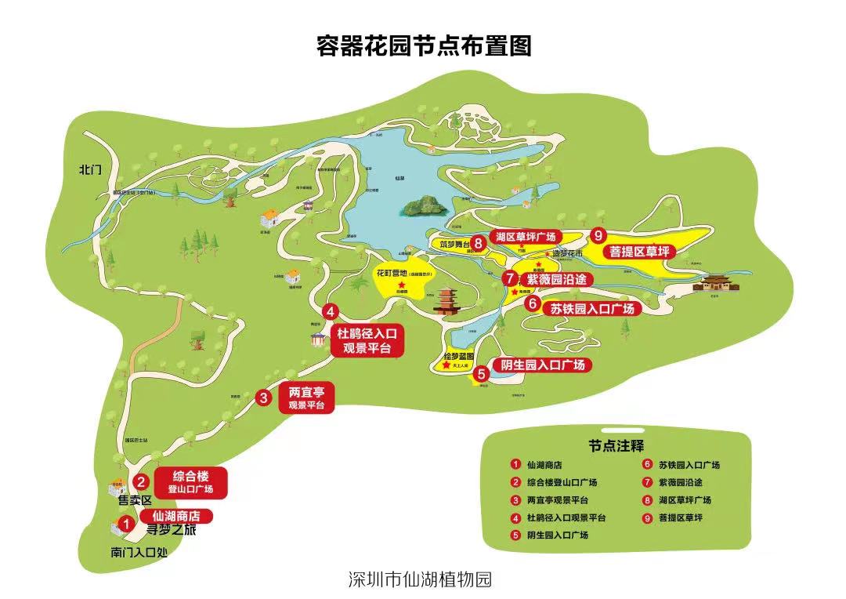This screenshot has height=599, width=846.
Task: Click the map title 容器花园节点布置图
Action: [x=423, y=46]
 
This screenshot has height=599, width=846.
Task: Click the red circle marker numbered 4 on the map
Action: [x=331, y=310]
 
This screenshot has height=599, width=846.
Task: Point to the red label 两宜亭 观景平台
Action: [x=305, y=398]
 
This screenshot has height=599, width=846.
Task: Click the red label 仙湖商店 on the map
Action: [x=176, y=516]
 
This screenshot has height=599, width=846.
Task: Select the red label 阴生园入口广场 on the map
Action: [x=542, y=365]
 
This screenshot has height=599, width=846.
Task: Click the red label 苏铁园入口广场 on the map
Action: [x=591, y=308]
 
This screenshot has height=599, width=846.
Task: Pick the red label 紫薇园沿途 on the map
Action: [x=555, y=279]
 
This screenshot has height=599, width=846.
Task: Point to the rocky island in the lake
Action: [x=424, y=206]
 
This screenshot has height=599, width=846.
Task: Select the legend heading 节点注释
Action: [x=616, y=445]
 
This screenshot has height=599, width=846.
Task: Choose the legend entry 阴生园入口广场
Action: [x=557, y=535]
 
